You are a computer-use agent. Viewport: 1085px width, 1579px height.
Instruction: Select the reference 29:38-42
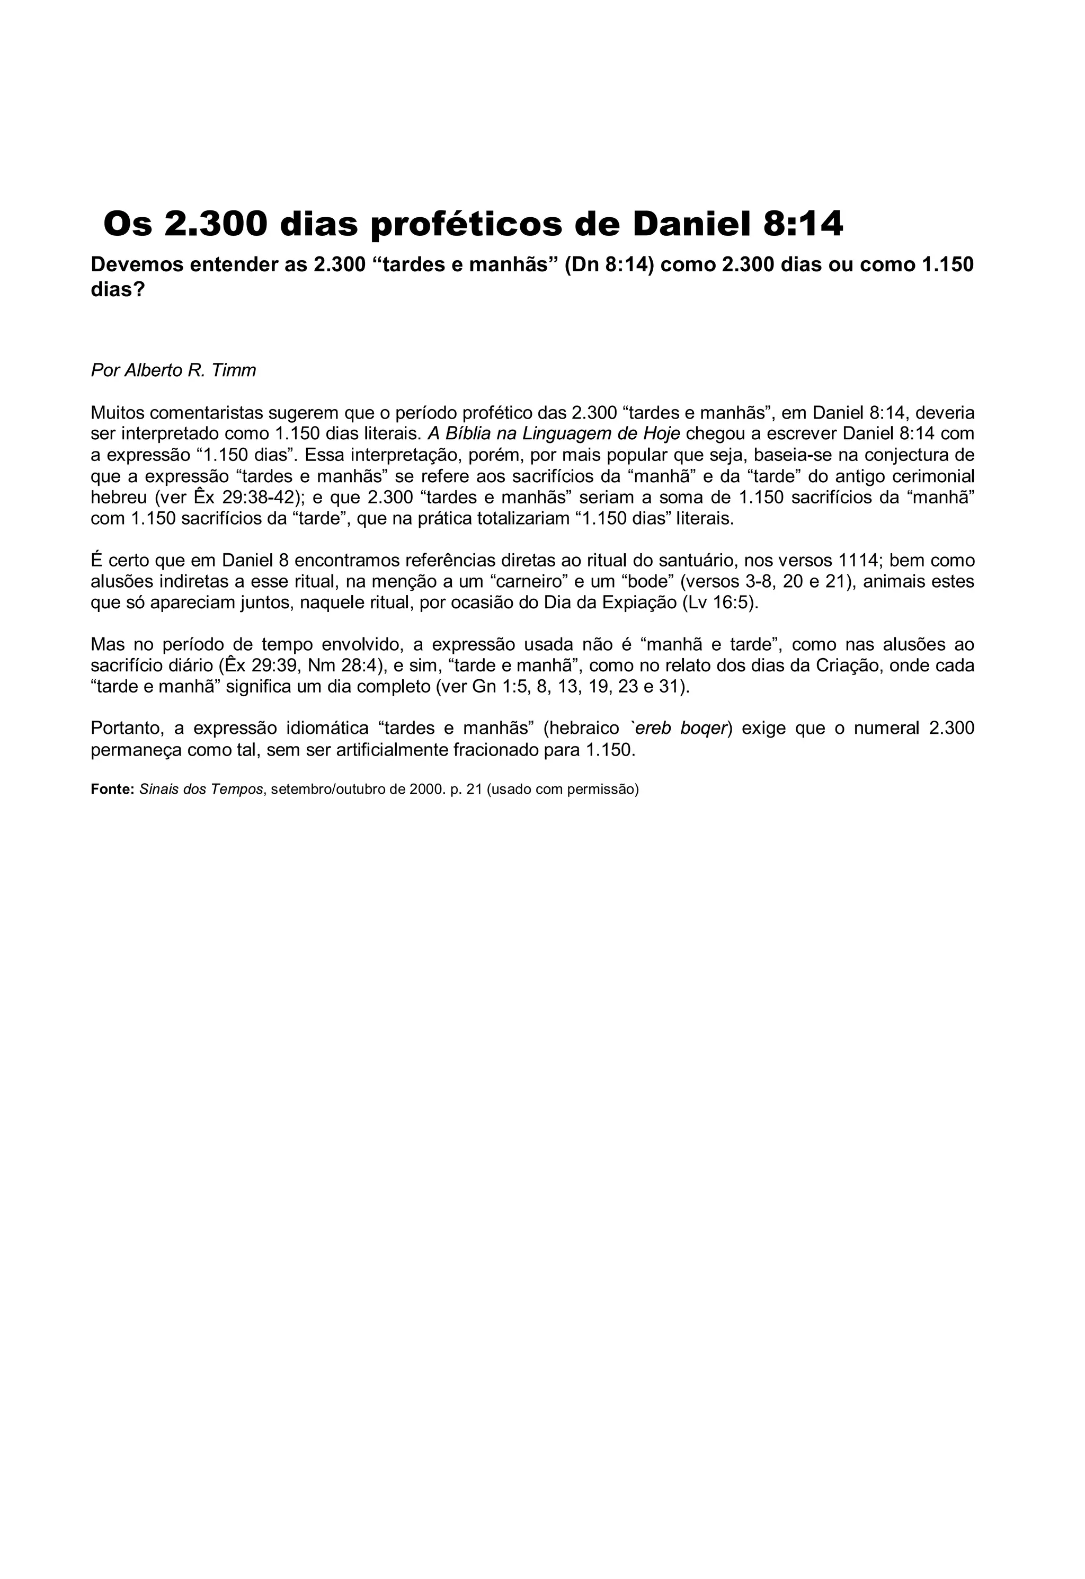(x=259, y=497)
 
